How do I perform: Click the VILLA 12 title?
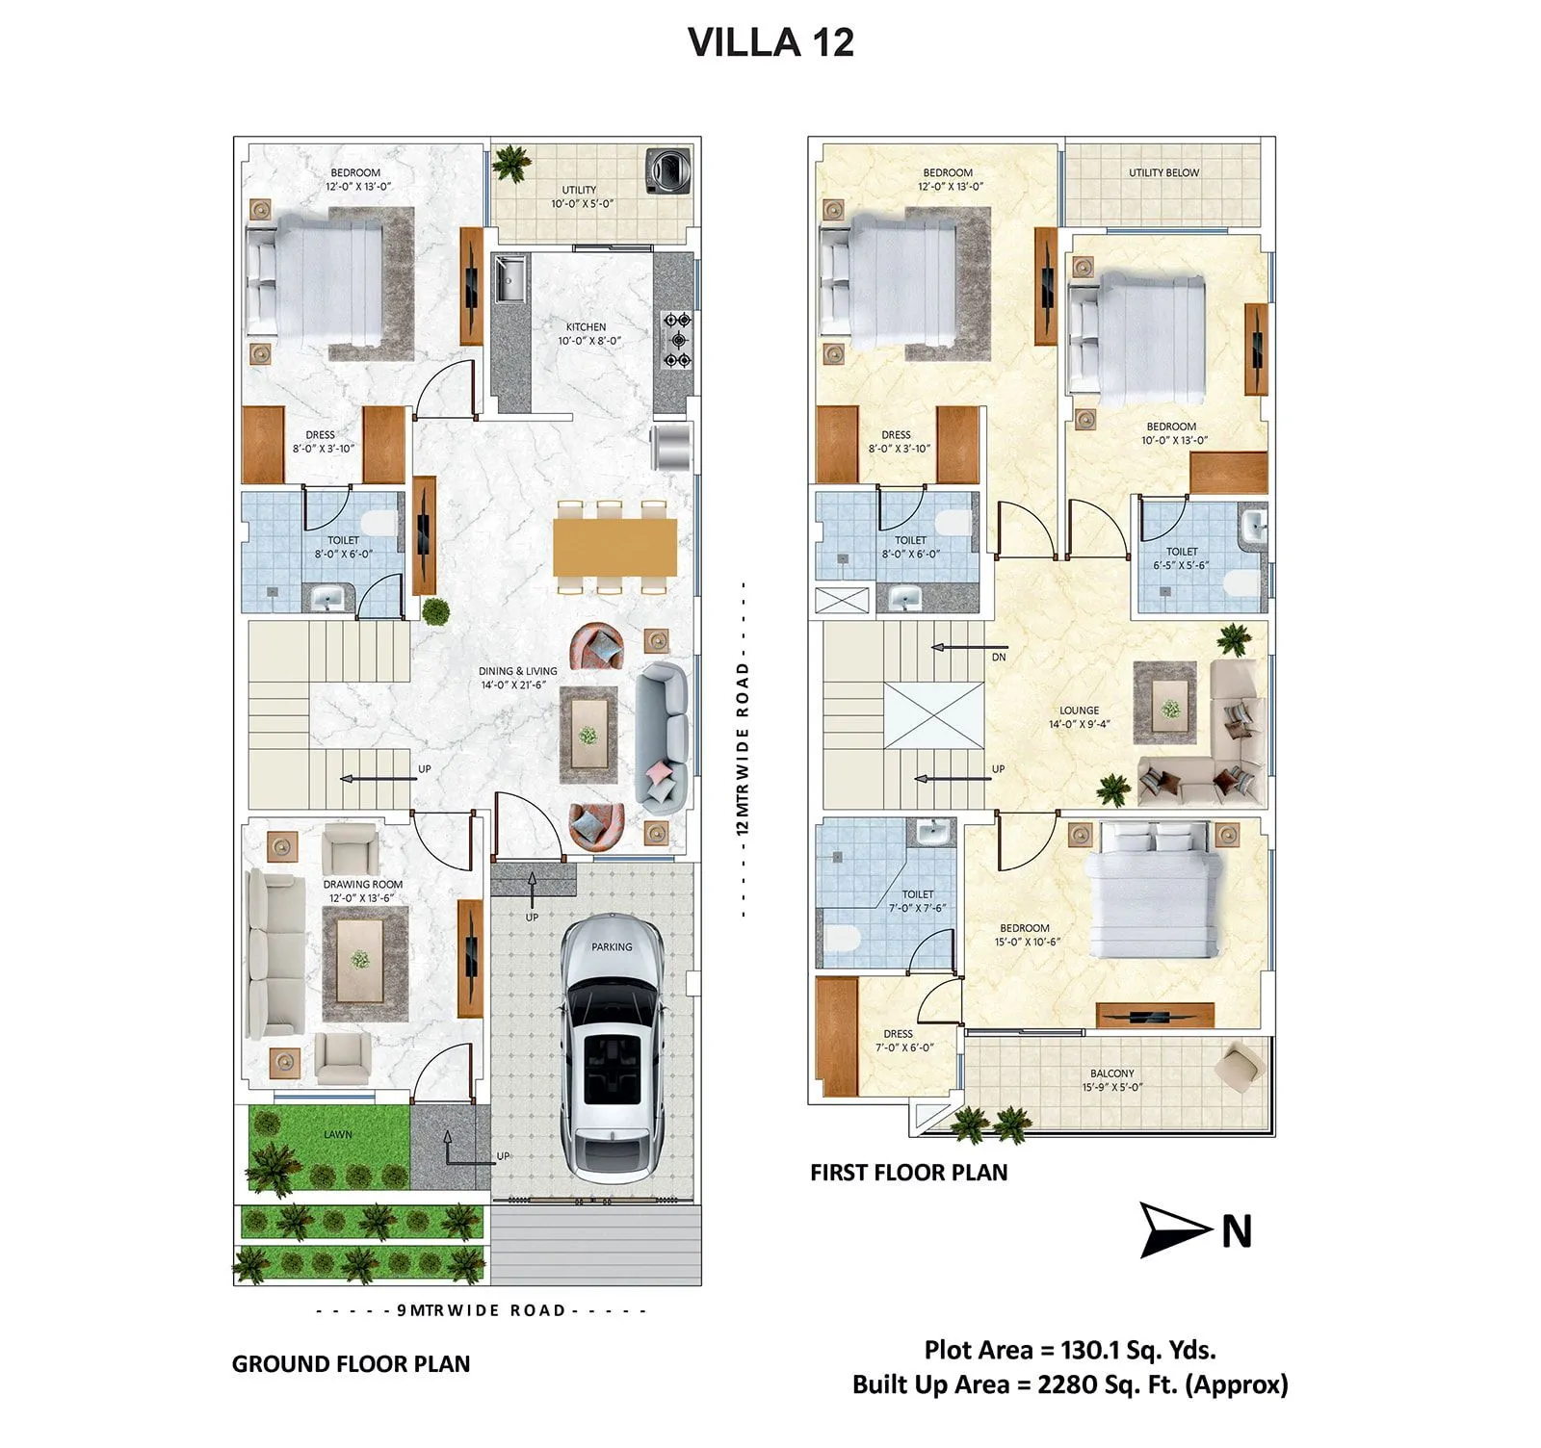pos(770,43)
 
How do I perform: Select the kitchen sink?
pos(509,278)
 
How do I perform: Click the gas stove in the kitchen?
pos(677,340)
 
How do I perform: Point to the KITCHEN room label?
pos(586,327)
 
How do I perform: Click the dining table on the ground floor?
pos(614,547)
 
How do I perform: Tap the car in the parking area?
pos(614,1045)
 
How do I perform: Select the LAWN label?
pos(337,1134)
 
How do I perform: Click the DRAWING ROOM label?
pos(362,884)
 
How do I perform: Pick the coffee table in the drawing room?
pos(359,959)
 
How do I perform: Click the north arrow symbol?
pos(1173,1229)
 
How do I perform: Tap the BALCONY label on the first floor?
pos(1111,1073)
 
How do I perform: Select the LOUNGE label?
pos(1079,711)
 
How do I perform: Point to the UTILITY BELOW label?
pos(1163,173)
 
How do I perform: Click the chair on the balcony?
pos(1239,1067)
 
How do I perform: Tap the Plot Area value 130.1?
pos(1088,1350)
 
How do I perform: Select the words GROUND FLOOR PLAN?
pos(351,1364)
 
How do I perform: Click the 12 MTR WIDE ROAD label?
pos(742,748)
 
